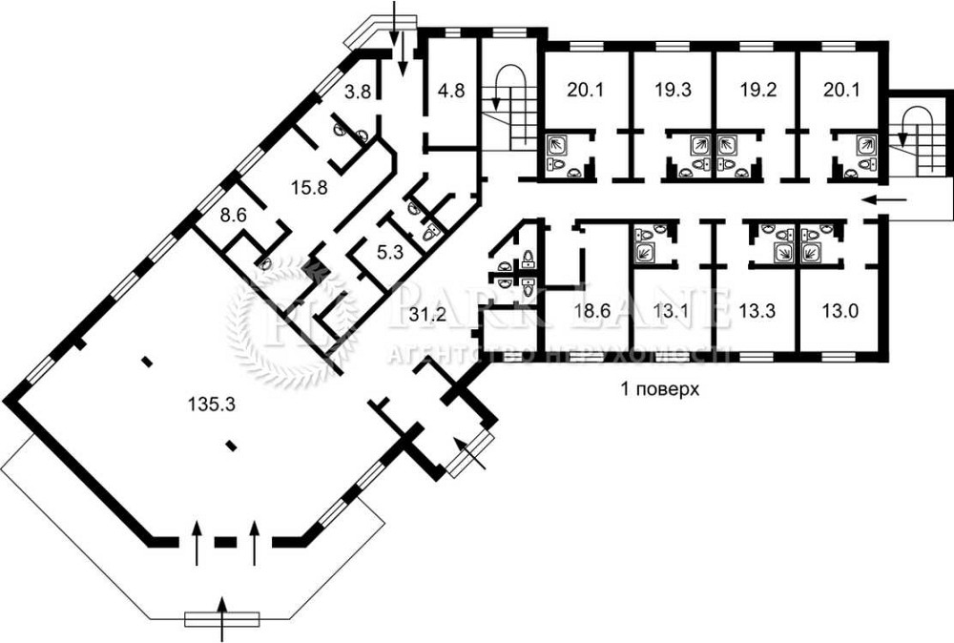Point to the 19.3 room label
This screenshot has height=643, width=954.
click(x=673, y=91)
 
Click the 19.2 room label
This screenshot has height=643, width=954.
click(x=753, y=91)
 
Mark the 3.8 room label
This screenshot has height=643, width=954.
click(x=357, y=93)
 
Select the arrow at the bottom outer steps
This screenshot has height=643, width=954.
click(x=222, y=619)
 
